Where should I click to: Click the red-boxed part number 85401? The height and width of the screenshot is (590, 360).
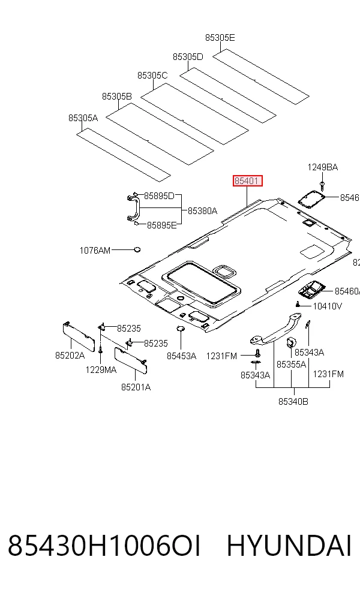pos(247,181)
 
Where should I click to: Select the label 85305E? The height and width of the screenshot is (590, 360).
pos(220,38)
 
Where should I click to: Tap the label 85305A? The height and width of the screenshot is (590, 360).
pos(83,118)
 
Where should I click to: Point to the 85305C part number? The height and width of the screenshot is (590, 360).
pos(152,76)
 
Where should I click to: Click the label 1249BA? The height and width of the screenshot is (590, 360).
pos(323,167)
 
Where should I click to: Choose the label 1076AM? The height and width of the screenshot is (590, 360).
pos(95,250)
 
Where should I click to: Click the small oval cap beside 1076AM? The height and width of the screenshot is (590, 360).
pos(137,249)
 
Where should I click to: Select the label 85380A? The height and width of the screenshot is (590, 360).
pos(203,211)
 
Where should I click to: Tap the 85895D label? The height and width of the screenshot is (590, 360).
pos(159,196)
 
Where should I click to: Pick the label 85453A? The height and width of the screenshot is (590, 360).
pos(182,356)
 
